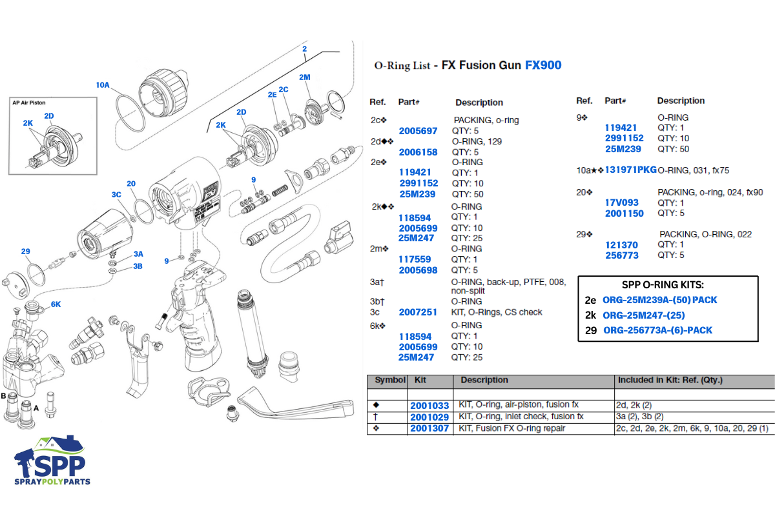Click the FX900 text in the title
click(x=542, y=65)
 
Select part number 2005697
click(x=418, y=131)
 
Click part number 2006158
click(x=418, y=152)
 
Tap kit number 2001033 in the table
click(x=429, y=406)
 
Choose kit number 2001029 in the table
click(x=429, y=417)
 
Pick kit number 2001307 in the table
click(x=429, y=428)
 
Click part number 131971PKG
click(x=630, y=170)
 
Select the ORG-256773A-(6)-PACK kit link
click(x=657, y=330)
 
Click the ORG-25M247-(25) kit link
click(x=643, y=315)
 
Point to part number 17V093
click(x=621, y=203)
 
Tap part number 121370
click(x=621, y=245)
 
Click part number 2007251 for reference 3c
click(x=418, y=312)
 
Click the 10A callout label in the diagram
click(x=103, y=85)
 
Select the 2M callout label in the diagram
click(x=304, y=77)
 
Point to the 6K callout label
click(x=56, y=304)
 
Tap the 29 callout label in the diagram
click(x=25, y=252)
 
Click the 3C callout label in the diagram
click(x=116, y=194)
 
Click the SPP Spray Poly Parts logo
click(x=52, y=461)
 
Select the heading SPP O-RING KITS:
click(x=668, y=285)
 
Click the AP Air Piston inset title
click(x=29, y=103)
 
